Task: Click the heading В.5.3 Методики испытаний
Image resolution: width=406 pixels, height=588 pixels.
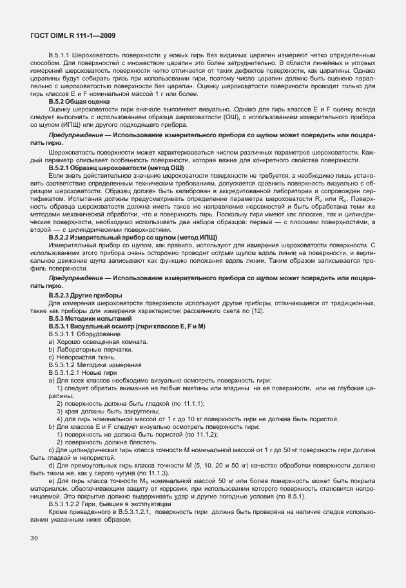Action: [x=86, y=318]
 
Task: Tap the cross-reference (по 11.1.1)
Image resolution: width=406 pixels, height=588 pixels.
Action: [x=186, y=403]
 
